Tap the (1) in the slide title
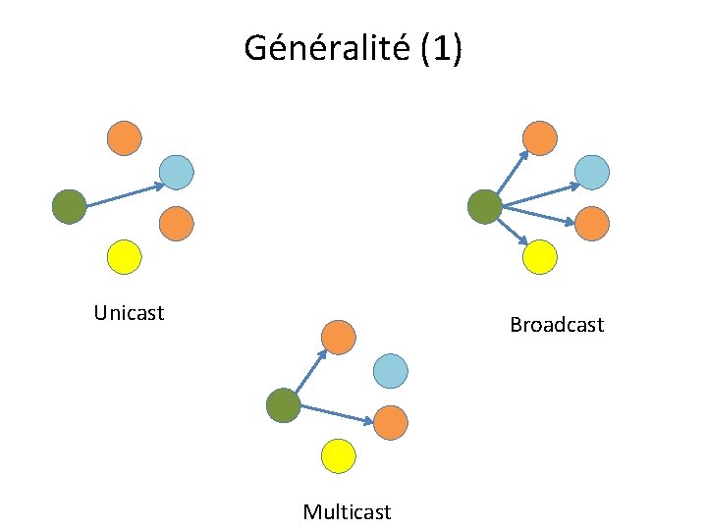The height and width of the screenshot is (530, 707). [x=440, y=47]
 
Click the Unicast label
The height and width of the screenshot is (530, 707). [x=129, y=313]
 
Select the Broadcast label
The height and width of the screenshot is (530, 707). [x=557, y=324]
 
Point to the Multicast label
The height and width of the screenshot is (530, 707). [x=347, y=511]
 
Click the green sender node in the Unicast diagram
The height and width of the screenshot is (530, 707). [x=69, y=207]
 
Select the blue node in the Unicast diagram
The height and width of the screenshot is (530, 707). [x=176, y=172]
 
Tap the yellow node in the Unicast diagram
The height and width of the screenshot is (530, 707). [x=124, y=257]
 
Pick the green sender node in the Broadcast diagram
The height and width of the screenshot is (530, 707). [x=484, y=207]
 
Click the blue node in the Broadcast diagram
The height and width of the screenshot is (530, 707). [x=592, y=172]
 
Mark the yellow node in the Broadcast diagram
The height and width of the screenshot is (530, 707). [x=540, y=257]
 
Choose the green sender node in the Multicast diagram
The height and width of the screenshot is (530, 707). [x=283, y=406]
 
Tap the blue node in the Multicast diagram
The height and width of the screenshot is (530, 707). [x=390, y=371]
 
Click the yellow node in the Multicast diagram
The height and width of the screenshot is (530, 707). [x=338, y=456]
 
